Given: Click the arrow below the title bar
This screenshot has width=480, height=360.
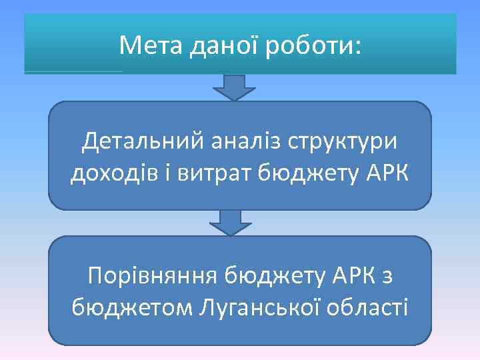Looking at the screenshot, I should click(234, 87).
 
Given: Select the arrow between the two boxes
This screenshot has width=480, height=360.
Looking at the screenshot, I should click(231, 223).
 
